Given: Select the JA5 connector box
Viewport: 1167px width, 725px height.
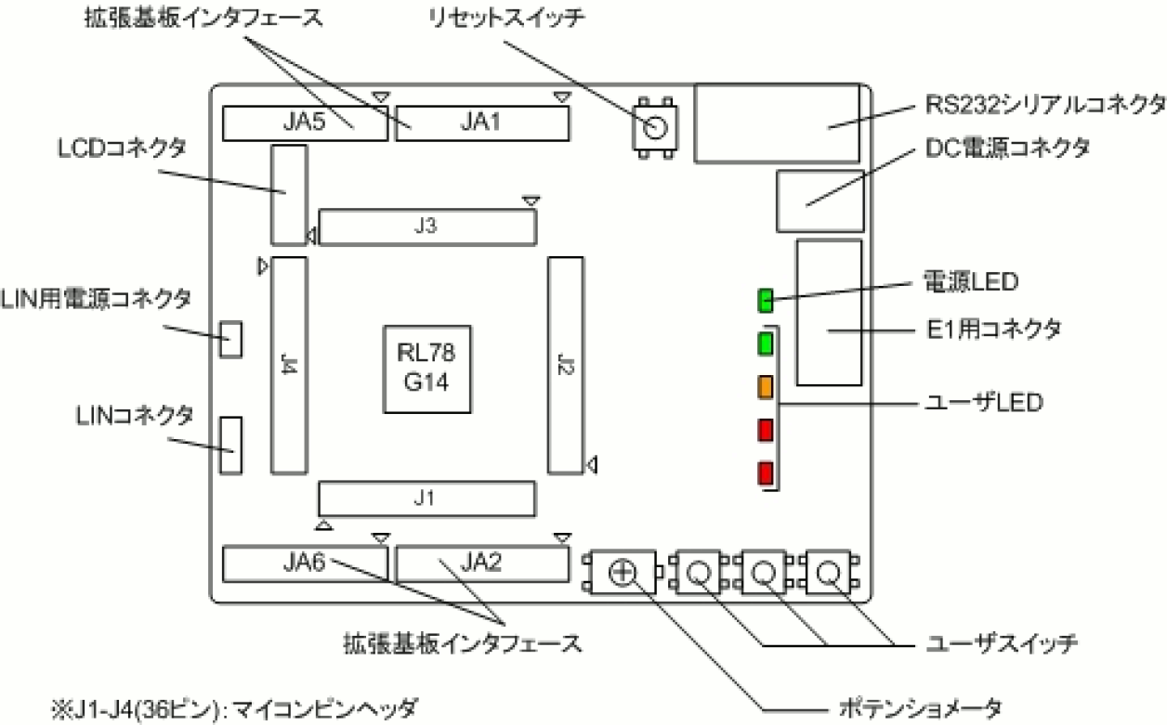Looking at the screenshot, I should click(x=305, y=123).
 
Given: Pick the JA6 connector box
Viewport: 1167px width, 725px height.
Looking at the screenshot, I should click(x=305, y=563).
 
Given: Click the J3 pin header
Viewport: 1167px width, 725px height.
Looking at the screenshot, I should click(x=427, y=227).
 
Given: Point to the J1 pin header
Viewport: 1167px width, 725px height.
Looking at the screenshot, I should click(x=427, y=498).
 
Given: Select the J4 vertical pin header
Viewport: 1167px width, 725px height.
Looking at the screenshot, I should click(x=288, y=365).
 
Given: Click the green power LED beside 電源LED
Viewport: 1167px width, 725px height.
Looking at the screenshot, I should click(x=766, y=300).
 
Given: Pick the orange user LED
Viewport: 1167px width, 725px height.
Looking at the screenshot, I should click(x=766, y=386).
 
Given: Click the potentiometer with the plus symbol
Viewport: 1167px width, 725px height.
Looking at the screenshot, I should click(x=623, y=573).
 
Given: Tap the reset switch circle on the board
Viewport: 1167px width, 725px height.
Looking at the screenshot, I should click(x=656, y=127).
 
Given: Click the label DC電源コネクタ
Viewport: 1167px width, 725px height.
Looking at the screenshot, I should click(x=1007, y=149).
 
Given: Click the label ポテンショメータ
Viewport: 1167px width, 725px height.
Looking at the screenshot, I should click(x=919, y=709).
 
